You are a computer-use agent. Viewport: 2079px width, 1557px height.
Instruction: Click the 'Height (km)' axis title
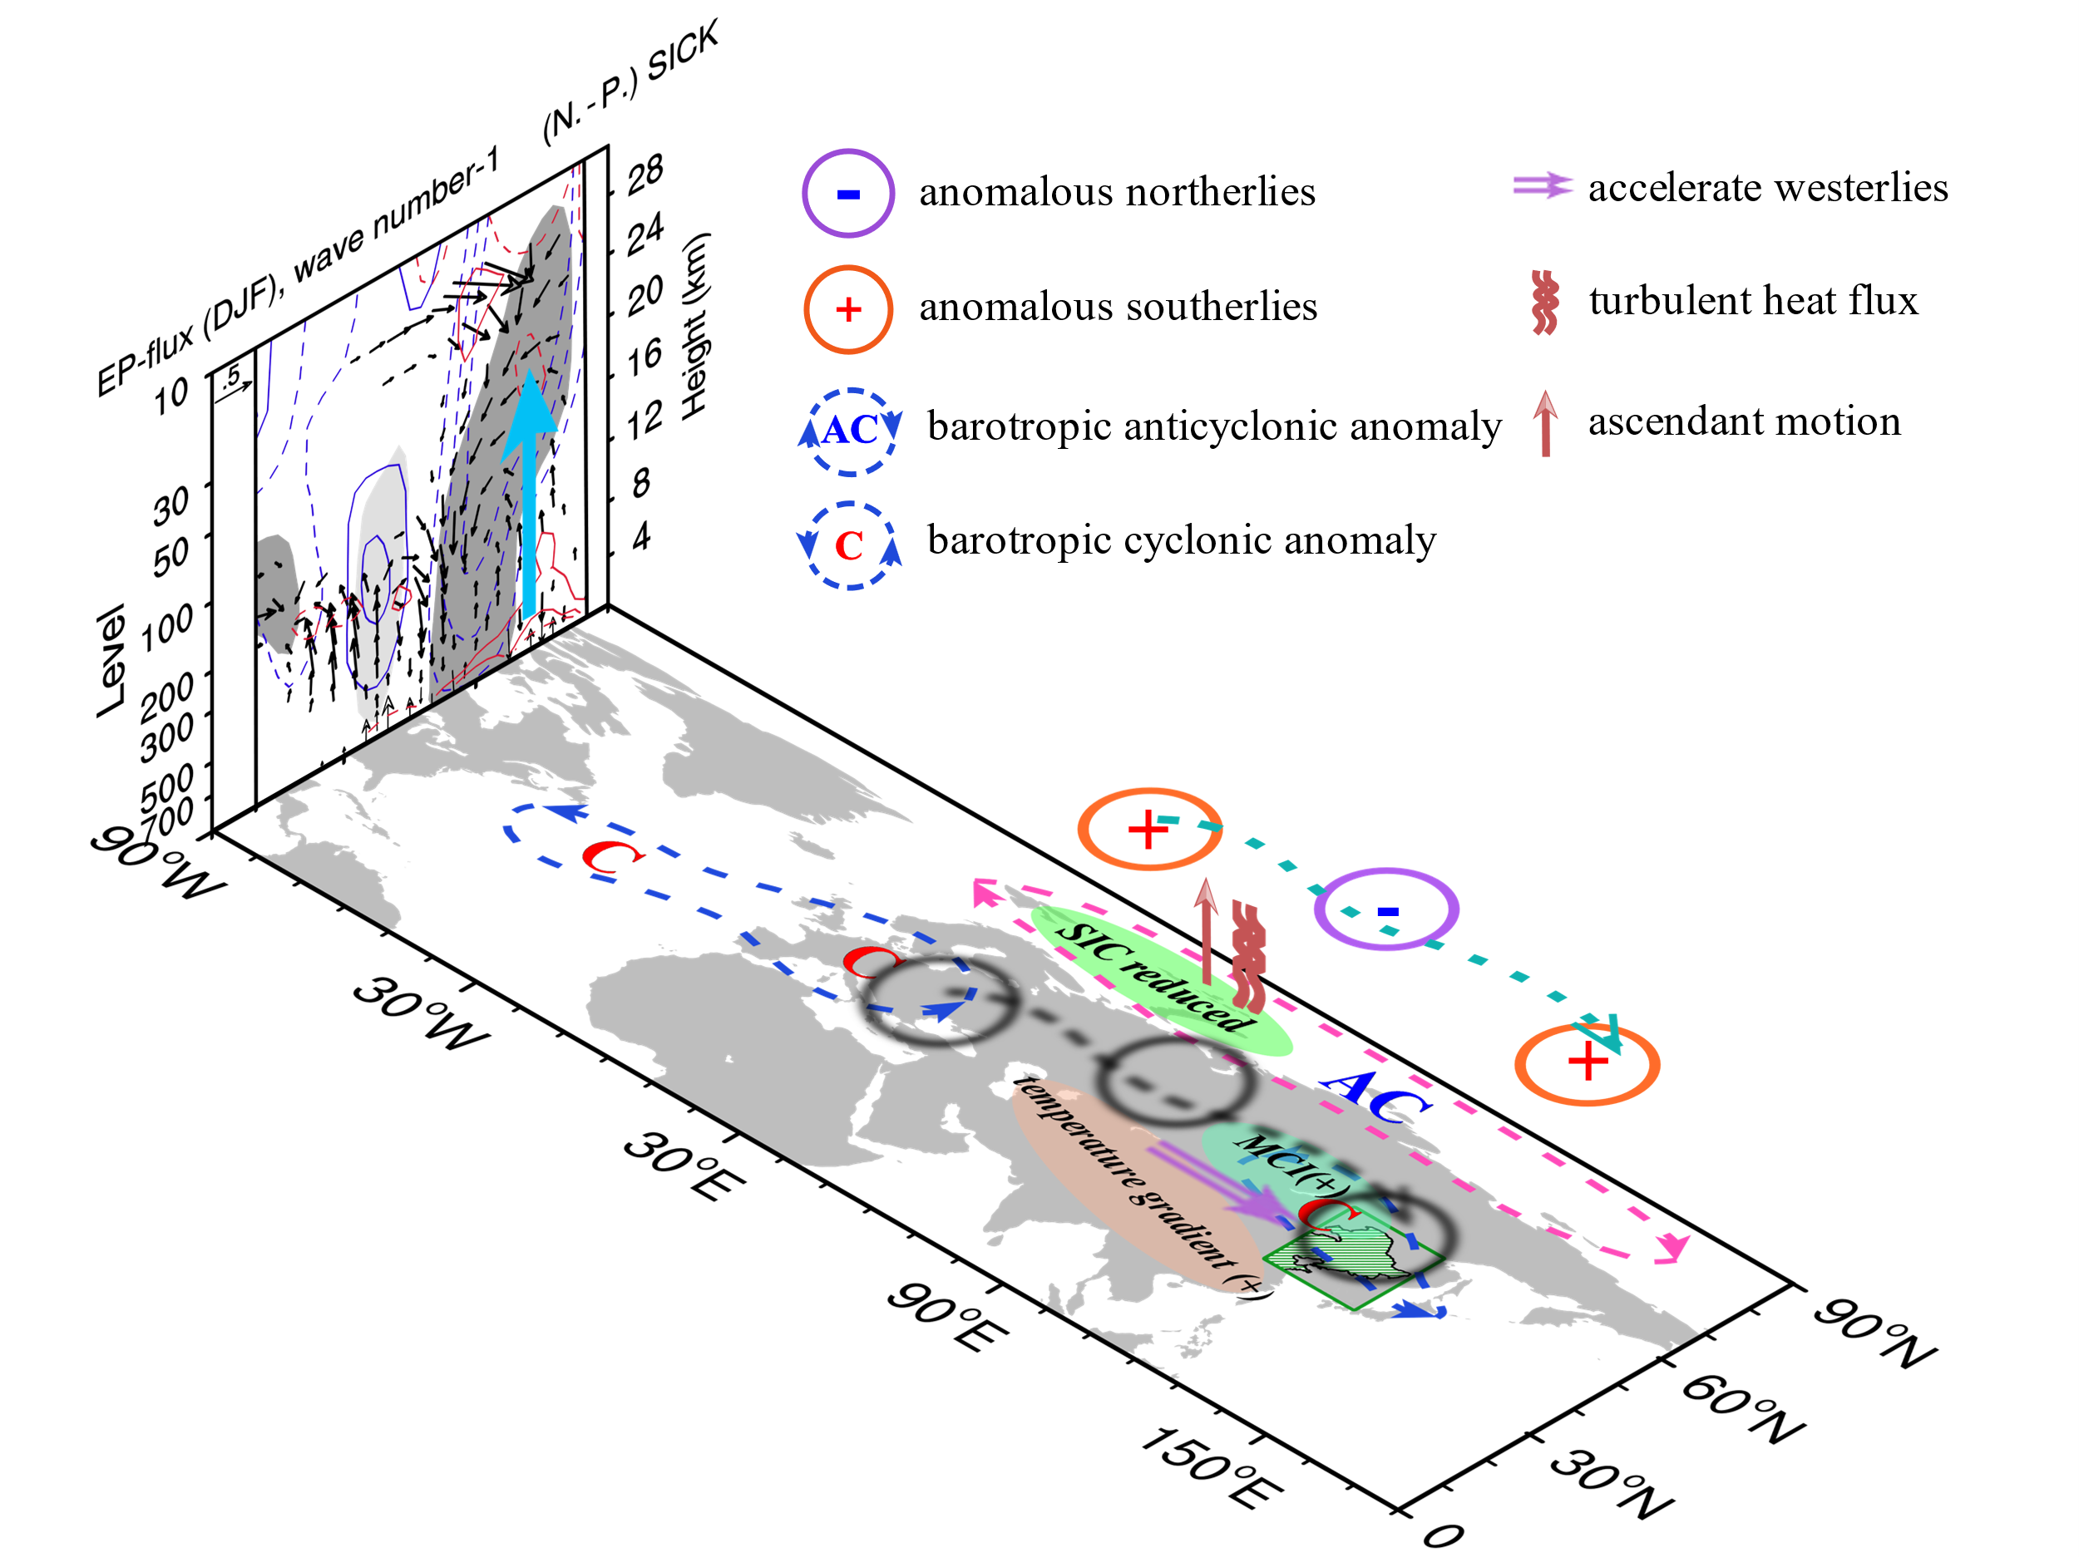point(694,325)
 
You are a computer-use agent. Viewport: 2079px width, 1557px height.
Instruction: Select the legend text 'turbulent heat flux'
point(1753,301)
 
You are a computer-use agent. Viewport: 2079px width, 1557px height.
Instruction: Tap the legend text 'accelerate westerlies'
point(1768,187)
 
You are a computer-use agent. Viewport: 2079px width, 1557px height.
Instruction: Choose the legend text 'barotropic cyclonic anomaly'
point(1182,540)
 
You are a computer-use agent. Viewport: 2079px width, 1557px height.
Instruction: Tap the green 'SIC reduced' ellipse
point(1162,980)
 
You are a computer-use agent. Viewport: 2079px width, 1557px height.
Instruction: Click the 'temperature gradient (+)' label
point(1141,1188)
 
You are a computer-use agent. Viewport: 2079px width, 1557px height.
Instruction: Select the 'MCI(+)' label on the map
point(1285,1165)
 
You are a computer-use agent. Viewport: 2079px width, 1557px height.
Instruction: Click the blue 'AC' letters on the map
point(1375,1096)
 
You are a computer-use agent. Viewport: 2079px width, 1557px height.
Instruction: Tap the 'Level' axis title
point(111,661)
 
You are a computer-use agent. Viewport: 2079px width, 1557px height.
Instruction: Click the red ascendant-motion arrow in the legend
point(1545,423)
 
